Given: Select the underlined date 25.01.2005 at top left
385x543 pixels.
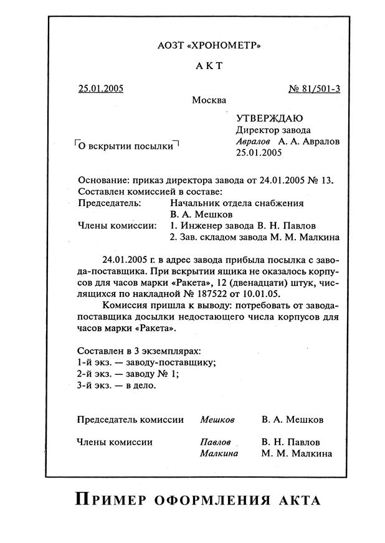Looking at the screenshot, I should [101, 88].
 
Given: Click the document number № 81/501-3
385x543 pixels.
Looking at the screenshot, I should [315, 88].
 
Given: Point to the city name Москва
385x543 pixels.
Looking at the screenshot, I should [209, 100].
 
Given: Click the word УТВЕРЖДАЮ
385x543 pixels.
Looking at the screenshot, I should [270, 118].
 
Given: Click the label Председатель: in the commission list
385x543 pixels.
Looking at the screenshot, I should [109, 203].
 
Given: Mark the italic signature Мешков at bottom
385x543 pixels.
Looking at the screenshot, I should [217, 420].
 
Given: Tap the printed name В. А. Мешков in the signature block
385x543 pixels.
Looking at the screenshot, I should [293, 420].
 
